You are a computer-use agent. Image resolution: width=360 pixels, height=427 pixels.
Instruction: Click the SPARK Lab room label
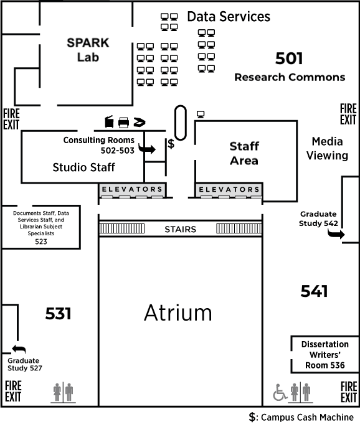click(x=88, y=50)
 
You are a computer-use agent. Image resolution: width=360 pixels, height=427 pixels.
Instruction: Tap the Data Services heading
click(x=229, y=17)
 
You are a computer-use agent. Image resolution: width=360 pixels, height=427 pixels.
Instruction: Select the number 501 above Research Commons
click(x=289, y=59)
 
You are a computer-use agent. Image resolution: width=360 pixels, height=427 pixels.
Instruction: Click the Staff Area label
click(x=244, y=153)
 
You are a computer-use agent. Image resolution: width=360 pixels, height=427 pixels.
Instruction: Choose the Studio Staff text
click(x=83, y=167)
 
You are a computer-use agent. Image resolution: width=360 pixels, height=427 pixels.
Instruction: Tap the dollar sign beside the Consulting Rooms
click(x=171, y=144)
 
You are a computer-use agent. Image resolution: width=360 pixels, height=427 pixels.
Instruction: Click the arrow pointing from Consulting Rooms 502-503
click(x=148, y=149)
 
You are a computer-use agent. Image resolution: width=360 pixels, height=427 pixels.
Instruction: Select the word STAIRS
click(x=180, y=229)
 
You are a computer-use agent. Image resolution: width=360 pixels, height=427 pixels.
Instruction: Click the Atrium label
click(x=178, y=312)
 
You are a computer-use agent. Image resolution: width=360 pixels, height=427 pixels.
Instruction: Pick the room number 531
click(x=58, y=314)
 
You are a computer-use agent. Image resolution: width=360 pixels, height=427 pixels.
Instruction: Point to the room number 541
click(x=314, y=291)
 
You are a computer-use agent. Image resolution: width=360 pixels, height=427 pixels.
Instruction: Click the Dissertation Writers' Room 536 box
click(x=324, y=355)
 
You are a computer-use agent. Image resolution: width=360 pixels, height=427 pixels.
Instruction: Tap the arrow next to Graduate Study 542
click(x=337, y=233)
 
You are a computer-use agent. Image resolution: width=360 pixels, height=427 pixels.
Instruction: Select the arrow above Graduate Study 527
click(x=17, y=350)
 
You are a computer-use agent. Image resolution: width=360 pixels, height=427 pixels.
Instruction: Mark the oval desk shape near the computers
click(x=181, y=123)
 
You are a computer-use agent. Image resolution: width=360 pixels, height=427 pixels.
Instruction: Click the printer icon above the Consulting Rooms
click(x=123, y=122)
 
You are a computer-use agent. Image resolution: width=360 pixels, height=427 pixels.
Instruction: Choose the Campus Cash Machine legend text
click(x=301, y=417)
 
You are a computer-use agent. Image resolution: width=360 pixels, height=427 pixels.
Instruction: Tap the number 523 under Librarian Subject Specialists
click(x=41, y=242)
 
